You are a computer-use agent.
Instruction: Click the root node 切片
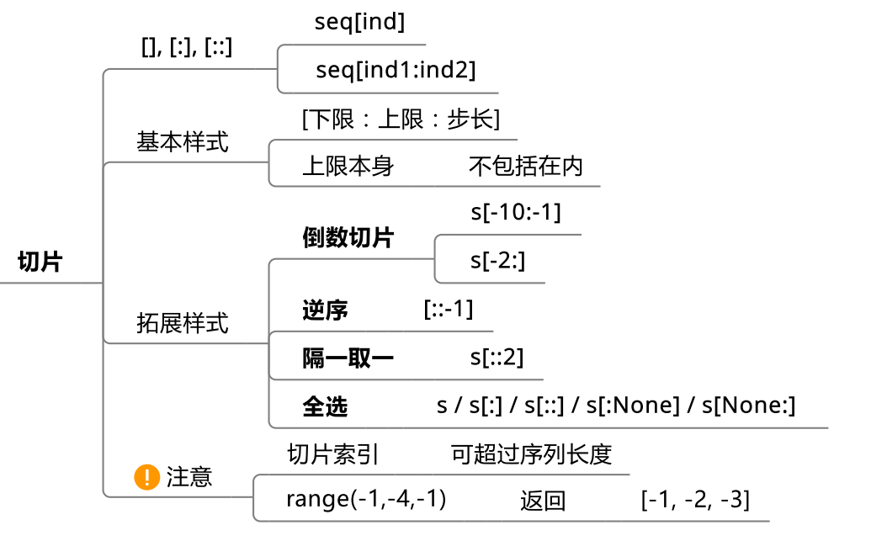pos(40,262)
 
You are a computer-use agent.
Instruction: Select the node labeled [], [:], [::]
pos(187,48)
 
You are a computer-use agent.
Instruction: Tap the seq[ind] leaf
pos(360,23)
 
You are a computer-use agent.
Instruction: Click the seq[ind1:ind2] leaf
pos(396,71)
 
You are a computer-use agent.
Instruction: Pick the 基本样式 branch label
pos(182,142)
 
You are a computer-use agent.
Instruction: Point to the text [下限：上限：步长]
pos(401,119)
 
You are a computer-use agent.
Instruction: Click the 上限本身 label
pos(348,166)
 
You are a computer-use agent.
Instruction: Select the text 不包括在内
pos(526,166)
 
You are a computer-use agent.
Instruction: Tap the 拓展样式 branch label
pos(182,322)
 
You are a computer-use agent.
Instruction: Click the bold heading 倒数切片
pos(348,237)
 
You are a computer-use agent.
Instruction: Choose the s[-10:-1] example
pos(516,212)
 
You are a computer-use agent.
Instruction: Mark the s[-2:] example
pos(498,261)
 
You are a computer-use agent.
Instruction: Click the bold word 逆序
pos(325,310)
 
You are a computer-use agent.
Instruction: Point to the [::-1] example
pos(449,310)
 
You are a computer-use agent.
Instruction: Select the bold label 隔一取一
pos(348,358)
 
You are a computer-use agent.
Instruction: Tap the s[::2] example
pos(497,357)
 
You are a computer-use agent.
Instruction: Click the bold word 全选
pos(325,407)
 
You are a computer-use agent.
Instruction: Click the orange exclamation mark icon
pos(146,477)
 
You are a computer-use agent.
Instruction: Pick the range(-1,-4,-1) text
pos(366,499)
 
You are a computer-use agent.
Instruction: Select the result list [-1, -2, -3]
pos(695,500)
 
